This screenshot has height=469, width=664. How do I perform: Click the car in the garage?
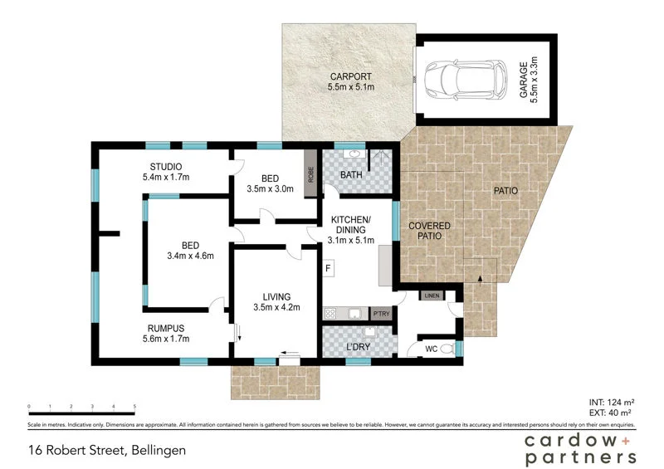click(x=465, y=79)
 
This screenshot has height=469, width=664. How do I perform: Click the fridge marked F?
click(x=328, y=268)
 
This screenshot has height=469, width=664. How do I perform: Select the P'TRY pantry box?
click(x=381, y=314)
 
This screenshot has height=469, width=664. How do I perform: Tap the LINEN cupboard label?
click(x=431, y=296)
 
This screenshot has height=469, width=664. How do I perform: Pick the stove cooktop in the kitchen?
click(x=330, y=314)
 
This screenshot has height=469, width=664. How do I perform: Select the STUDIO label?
click(x=166, y=166)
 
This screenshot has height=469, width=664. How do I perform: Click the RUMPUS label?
click(x=166, y=328)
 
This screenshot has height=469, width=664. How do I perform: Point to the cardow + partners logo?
click(x=581, y=448)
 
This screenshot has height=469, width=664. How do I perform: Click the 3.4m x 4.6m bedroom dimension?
click(x=191, y=256)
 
